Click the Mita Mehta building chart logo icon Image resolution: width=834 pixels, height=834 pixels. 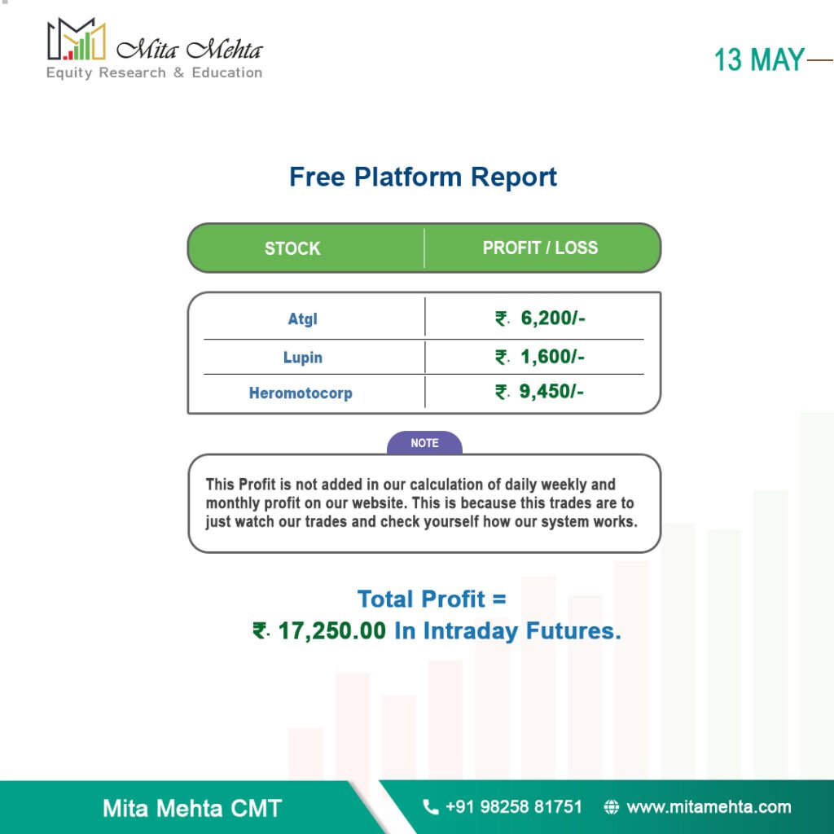coord(76,39)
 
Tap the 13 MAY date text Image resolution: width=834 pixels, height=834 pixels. coord(759,59)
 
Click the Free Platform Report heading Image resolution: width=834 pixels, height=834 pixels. coord(423,177)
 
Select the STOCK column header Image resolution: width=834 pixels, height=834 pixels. coord(292,248)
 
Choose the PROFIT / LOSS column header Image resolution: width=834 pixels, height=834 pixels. coord(540,248)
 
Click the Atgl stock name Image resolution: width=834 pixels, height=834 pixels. coord(303,318)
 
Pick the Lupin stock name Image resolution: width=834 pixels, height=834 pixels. coord(303,357)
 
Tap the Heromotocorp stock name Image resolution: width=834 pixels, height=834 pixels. coord(301,393)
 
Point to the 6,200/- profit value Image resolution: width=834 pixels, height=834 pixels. coord(553,318)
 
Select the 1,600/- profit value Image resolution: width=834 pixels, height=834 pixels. coord(552,357)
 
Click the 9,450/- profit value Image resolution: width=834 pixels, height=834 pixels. coord(551,392)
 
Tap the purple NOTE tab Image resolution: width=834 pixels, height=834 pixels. coord(424,442)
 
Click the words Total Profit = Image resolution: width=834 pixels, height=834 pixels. coord(432,599)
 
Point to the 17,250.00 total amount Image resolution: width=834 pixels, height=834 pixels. coord(332,631)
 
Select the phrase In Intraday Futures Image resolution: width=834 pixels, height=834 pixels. coord(507,631)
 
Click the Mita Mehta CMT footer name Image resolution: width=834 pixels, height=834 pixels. coord(192,808)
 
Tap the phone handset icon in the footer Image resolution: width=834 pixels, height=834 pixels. coord(430,807)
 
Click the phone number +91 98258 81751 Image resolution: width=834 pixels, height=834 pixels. coord(514,807)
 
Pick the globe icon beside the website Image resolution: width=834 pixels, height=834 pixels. coord(612,807)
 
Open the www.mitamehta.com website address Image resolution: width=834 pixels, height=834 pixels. coord(709,807)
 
